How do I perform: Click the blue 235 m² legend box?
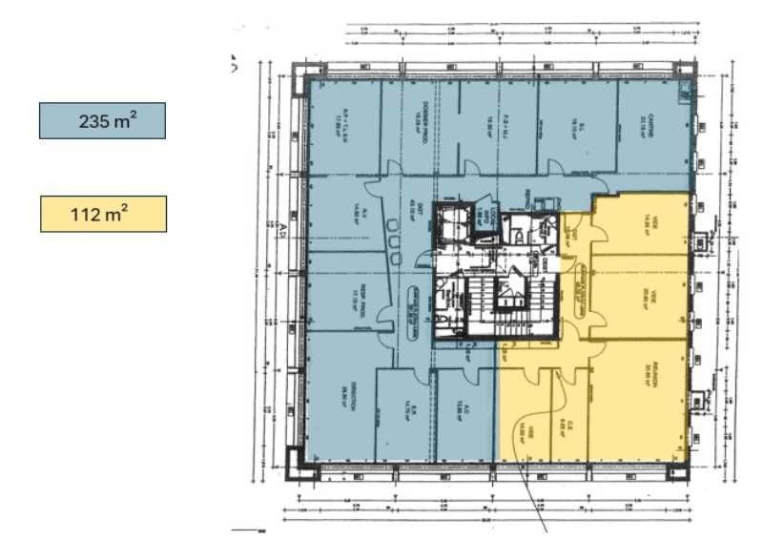(x=102, y=120)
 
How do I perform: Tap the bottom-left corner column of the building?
(x=306, y=470)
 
